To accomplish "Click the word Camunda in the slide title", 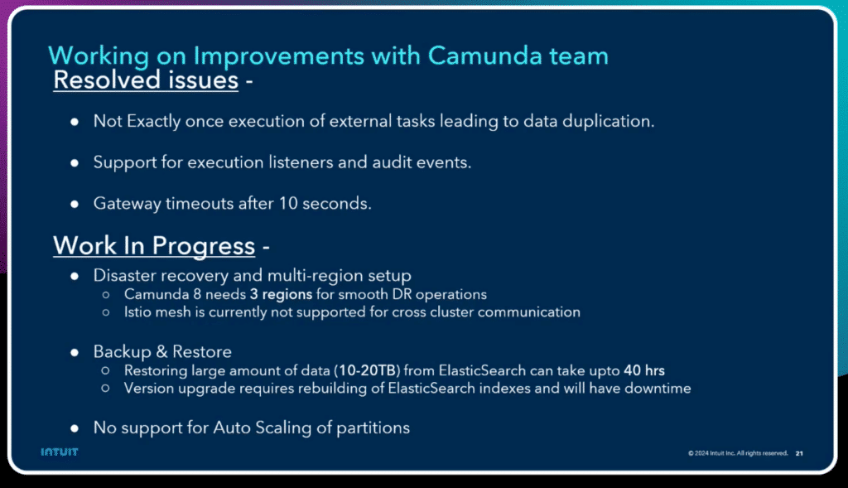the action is pyautogui.click(x=484, y=56).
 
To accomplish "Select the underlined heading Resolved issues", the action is pyautogui.click(x=146, y=80).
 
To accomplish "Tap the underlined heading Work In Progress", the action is pyautogui.click(x=154, y=246).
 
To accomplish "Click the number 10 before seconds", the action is pyautogui.click(x=288, y=204).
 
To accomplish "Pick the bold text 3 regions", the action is pyautogui.click(x=282, y=295).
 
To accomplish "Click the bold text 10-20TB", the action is pyautogui.click(x=367, y=370).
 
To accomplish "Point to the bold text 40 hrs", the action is pyautogui.click(x=644, y=370).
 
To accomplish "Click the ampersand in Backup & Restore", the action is pyautogui.click(x=161, y=352).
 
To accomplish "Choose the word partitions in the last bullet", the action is pyautogui.click(x=373, y=428).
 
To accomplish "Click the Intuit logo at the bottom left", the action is pyautogui.click(x=60, y=452).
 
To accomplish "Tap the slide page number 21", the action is pyautogui.click(x=799, y=453).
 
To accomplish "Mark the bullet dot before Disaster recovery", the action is pyautogui.click(x=75, y=277).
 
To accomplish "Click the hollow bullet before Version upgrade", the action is pyautogui.click(x=106, y=389).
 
